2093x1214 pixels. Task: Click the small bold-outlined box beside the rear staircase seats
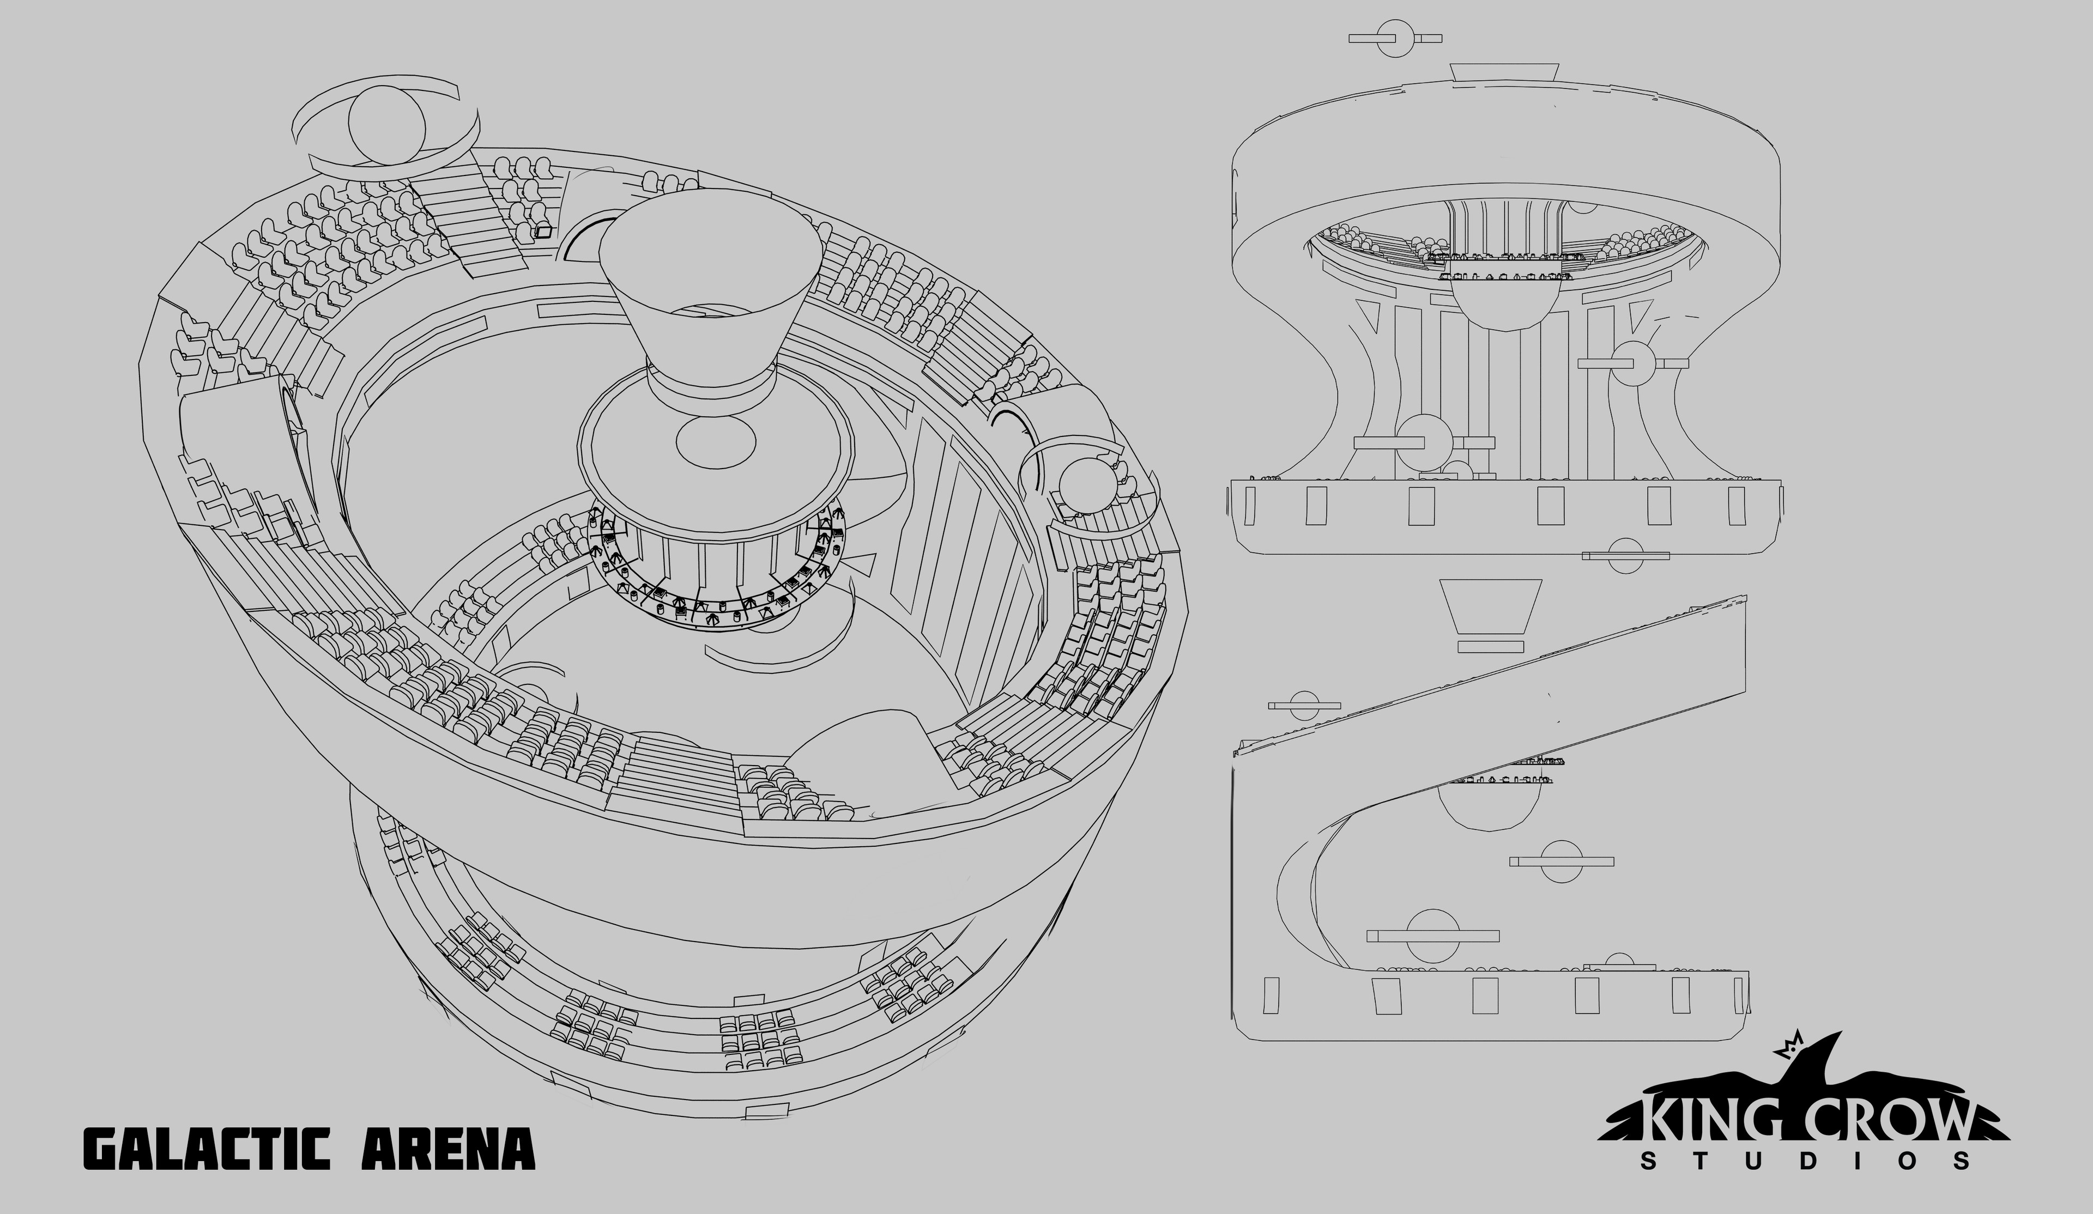[543, 232]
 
